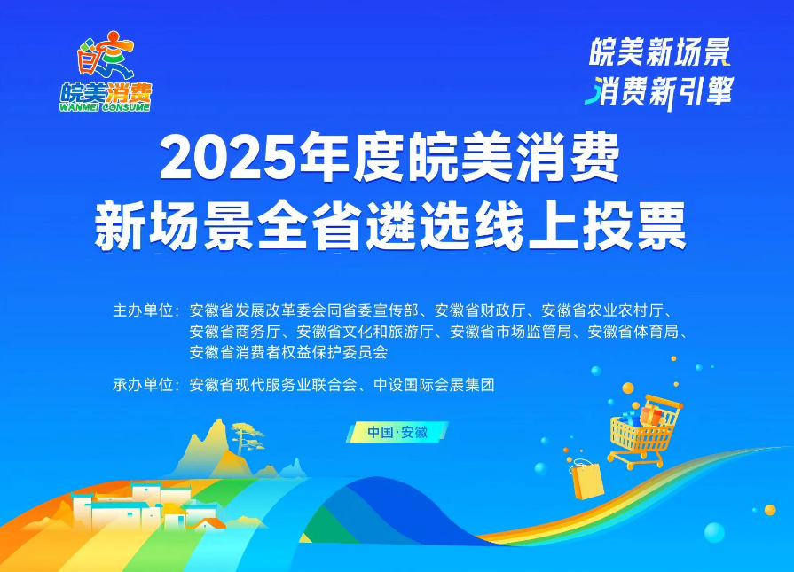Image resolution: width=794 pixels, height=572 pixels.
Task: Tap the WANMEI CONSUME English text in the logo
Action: [106, 106]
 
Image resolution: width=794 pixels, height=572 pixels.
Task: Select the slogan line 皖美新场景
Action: [660, 53]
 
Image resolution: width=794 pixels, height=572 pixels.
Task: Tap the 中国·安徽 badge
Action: [397, 432]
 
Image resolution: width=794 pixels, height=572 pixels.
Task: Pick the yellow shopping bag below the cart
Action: [587, 480]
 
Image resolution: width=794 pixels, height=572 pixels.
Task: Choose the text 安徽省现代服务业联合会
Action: [272, 385]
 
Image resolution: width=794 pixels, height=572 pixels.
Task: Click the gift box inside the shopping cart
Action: [651, 415]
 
